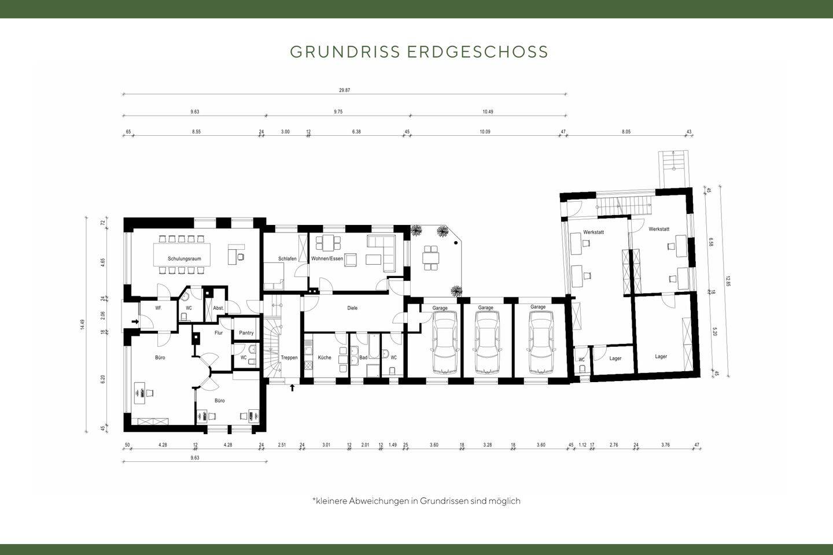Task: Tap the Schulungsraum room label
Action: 185,258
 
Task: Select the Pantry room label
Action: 246,333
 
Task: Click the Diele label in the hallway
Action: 352,308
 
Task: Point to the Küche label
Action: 325,358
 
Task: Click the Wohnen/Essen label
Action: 327,258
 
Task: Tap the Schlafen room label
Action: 287,258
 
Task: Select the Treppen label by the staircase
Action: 289,358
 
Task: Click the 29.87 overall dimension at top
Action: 344,90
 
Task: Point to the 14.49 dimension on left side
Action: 83,325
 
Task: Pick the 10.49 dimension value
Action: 488,112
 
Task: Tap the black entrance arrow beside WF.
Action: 135,321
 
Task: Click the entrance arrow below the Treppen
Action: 292,387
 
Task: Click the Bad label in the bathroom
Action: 363,358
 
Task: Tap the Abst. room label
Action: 218,308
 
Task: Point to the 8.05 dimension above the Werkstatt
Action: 626,132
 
